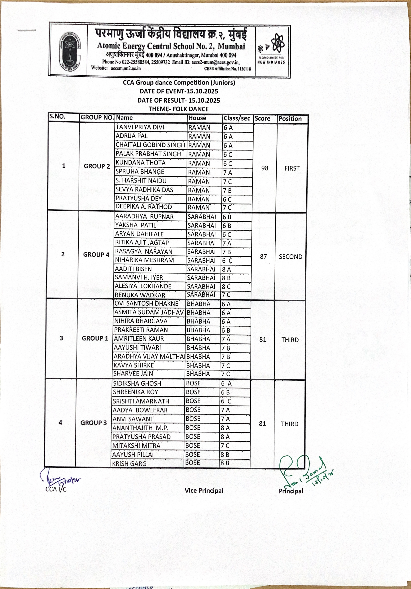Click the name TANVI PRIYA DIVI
pyautogui.click(x=140, y=127)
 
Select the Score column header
pyautogui.click(x=262, y=118)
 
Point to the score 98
pyautogui.click(x=265, y=168)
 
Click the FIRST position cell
pyautogui.click(x=292, y=168)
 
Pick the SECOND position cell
pyautogui.click(x=290, y=257)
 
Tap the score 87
pyautogui.click(x=263, y=257)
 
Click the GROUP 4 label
pyautogui.click(x=96, y=254)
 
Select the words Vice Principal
pyautogui.click(x=204, y=490)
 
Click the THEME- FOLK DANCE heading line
pyautogui.click(x=178, y=109)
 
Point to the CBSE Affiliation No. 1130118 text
pyautogui.click(x=227, y=69)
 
